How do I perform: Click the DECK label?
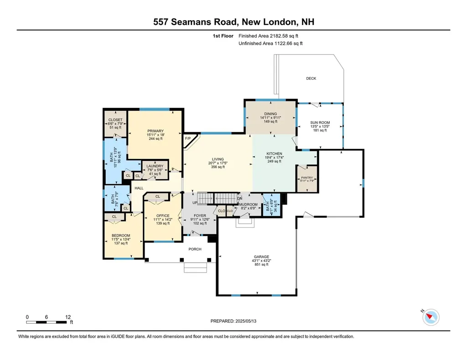pos(311,78)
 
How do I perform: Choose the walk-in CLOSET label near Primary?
pos(115,120)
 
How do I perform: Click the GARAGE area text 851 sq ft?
pos(260,265)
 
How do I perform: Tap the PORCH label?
pos(195,249)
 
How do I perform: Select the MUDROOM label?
pos(249,205)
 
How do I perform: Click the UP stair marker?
pos(195,203)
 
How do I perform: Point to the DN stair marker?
pos(239,198)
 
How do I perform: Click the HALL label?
pos(139,188)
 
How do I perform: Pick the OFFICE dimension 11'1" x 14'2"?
pos(163,220)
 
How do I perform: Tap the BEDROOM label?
pos(120,236)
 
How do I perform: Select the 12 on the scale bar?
pos(68,317)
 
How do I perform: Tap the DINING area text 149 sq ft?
pos(270,122)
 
